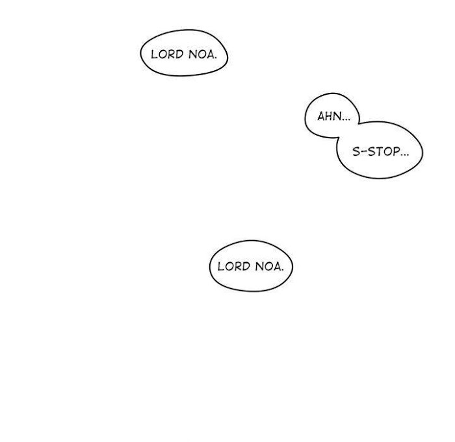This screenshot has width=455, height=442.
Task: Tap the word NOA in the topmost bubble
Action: point(201,54)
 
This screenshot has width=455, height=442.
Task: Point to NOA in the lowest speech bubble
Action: point(268,266)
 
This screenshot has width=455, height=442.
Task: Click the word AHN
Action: point(327,117)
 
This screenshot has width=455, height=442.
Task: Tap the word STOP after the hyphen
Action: point(383,152)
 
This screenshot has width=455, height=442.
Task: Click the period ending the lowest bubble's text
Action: point(284,269)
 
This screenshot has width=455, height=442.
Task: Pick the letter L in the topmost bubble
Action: point(153,54)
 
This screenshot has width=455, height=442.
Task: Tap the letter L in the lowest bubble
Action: point(220,266)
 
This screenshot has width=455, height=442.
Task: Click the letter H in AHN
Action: point(328,117)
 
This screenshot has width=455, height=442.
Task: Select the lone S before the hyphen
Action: point(356,152)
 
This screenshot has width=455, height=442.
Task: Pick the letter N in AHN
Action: point(336,117)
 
